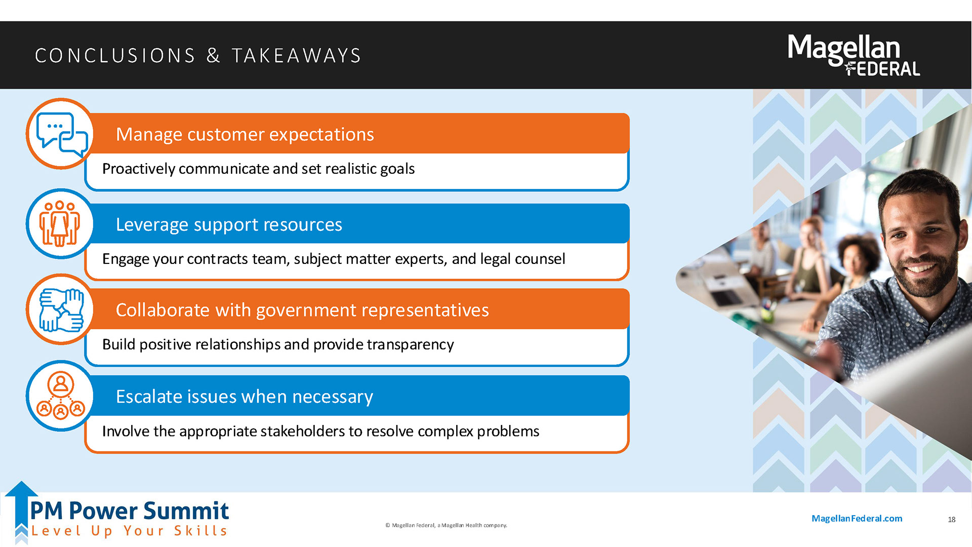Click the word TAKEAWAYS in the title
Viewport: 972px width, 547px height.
pos(297,56)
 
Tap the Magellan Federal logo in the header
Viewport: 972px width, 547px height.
pos(854,55)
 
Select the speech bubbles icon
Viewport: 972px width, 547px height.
pos(61,134)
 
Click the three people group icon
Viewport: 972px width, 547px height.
pos(60,223)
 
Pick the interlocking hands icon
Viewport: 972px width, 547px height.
pos(61,310)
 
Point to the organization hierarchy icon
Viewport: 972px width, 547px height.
pos(61,396)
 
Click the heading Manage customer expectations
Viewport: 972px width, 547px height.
pos(245,134)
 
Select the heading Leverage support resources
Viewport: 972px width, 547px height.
pos(229,224)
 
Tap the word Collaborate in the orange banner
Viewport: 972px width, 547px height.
pos(163,309)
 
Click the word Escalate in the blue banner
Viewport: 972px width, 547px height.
pos(149,396)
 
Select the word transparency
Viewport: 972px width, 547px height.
pos(411,345)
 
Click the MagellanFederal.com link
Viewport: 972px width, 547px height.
pos(857,518)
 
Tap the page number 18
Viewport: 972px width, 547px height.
pos(952,520)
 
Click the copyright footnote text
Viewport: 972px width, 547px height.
pos(446,525)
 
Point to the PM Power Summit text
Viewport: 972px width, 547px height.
pos(130,511)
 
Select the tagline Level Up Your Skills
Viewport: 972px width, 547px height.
pos(130,531)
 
